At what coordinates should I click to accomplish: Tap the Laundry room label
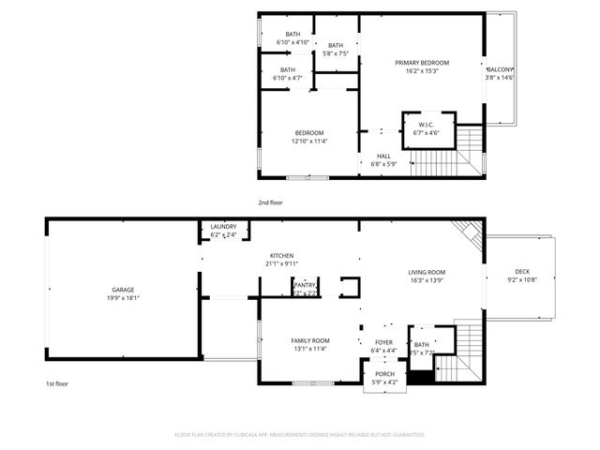coord(223,226)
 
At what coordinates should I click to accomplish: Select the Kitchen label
coord(282,256)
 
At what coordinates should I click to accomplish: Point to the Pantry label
coord(305,285)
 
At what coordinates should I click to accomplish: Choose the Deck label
coord(520,271)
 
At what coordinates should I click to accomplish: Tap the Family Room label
coord(308,340)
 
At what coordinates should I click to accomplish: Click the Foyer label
coord(384,342)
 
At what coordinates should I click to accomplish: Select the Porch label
coord(384,373)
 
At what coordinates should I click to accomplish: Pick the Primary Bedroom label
coord(423,63)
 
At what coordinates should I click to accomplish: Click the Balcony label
coord(499,70)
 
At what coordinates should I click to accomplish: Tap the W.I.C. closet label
coord(426,125)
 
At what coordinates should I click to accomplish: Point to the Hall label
coord(383,156)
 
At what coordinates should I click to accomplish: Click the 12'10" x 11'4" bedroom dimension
coord(309,142)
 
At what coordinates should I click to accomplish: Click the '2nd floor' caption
coord(270,202)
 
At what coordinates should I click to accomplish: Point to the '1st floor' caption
coord(57,383)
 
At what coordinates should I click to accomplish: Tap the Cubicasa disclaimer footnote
coord(300,434)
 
